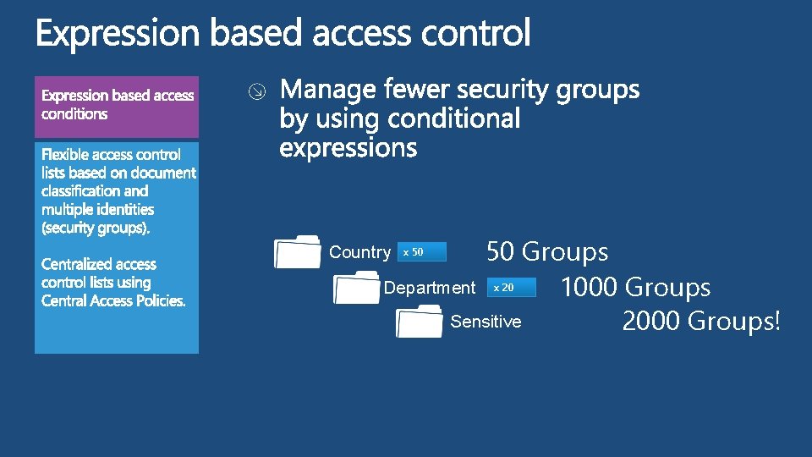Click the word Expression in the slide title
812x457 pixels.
pos(118,35)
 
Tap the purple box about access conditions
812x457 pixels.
pos(117,107)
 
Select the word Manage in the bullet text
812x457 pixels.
pos(328,90)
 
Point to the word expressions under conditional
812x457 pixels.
pos(348,148)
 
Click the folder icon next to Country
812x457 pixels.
pos(297,251)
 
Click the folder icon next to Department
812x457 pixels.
pos(357,287)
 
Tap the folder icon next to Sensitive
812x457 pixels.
pos(420,322)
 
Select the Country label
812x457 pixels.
pos(359,252)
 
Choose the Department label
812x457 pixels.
pos(430,288)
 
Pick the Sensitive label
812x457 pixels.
pos(486,322)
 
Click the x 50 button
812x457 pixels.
pos(421,252)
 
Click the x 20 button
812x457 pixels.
pos(512,288)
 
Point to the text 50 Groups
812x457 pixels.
pos(547,251)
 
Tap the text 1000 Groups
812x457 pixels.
pos(635,288)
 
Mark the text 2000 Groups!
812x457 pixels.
pos(701,322)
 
